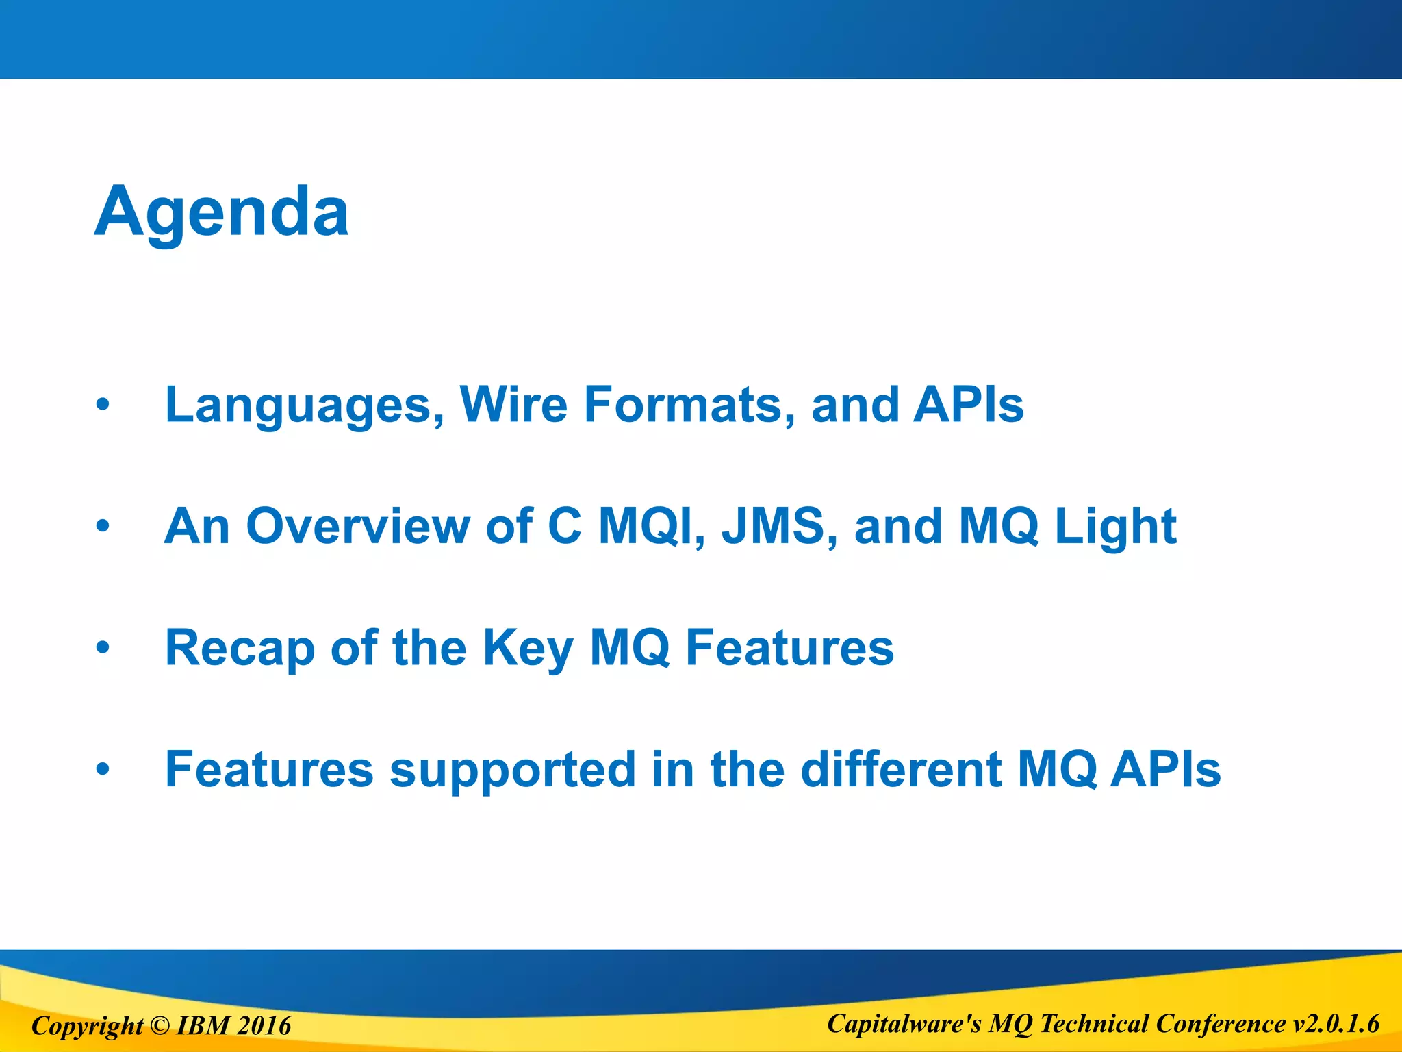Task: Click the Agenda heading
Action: pos(221,212)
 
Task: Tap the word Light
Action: pos(1115,527)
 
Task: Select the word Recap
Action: pos(240,648)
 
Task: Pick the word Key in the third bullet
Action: pos(528,648)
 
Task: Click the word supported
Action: pos(512,770)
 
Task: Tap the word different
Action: pos(901,768)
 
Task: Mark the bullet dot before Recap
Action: pos(103,647)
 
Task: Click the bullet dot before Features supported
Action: pos(103,768)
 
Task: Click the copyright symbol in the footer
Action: pos(159,1025)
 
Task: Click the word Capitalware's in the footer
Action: pos(904,1024)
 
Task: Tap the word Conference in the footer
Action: pos(1221,1024)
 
